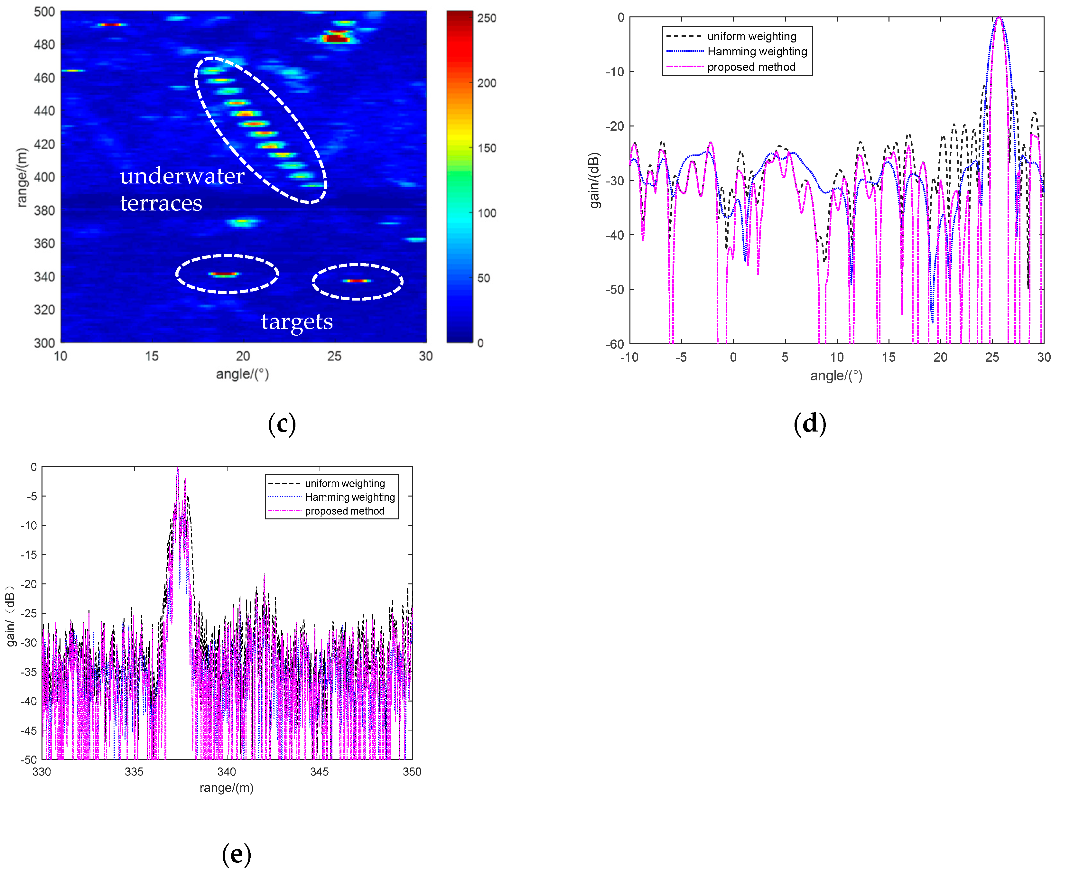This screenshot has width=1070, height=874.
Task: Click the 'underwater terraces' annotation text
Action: [x=182, y=189]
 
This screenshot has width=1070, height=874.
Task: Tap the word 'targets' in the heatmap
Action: [x=297, y=321]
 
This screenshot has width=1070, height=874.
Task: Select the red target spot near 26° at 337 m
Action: [x=357, y=280]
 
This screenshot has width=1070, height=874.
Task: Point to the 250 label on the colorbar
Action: [x=487, y=18]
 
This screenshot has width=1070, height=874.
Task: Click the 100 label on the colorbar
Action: [x=487, y=213]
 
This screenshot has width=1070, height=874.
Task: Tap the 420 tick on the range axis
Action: [x=44, y=144]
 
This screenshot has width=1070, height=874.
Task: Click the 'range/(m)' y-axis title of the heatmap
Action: [x=21, y=177]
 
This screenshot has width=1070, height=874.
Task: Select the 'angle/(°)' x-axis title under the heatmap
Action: [x=242, y=374]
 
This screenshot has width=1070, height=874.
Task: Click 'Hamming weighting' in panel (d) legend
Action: [x=757, y=51]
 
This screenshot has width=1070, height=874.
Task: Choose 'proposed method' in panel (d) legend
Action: [x=751, y=67]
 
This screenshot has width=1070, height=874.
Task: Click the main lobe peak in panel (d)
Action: [x=999, y=19]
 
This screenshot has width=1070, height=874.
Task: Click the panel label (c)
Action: [x=282, y=423]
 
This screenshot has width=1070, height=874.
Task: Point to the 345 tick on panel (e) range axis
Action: [x=319, y=771]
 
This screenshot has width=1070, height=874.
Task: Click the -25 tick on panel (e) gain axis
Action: [x=28, y=613]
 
